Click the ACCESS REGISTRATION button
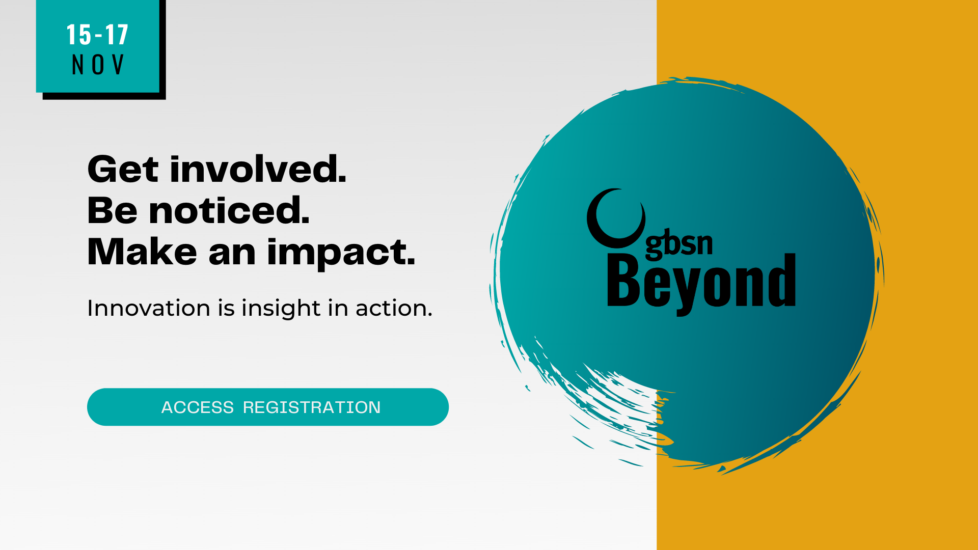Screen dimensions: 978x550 click(268, 407)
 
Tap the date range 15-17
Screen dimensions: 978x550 click(97, 35)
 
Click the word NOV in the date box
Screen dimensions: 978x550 click(98, 65)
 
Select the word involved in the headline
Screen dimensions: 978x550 click(258, 169)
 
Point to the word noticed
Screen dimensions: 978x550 click(229, 210)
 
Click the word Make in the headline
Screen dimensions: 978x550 click(142, 252)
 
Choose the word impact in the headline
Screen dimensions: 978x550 click(341, 253)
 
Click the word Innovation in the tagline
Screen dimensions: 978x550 click(149, 308)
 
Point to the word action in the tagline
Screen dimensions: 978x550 click(394, 308)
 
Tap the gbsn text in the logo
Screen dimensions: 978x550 click(679, 244)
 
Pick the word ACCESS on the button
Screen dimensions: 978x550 click(198, 407)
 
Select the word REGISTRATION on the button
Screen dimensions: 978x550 click(312, 407)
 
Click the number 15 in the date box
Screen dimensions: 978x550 click(78, 35)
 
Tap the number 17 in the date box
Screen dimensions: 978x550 click(117, 35)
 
